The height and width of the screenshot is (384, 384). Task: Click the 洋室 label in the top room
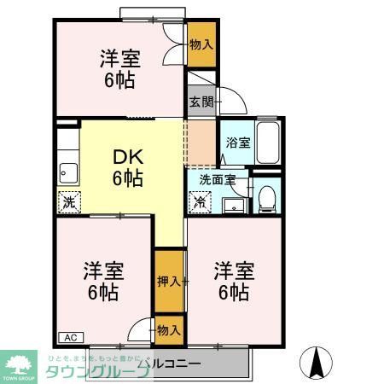tap(119, 59)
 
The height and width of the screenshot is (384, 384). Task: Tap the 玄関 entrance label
tap(201, 102)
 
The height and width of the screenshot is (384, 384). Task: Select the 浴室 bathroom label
tap(238, 143)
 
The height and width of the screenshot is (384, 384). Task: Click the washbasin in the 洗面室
tap(232, 204)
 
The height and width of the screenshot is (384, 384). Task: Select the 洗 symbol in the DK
tap(68, 203)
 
